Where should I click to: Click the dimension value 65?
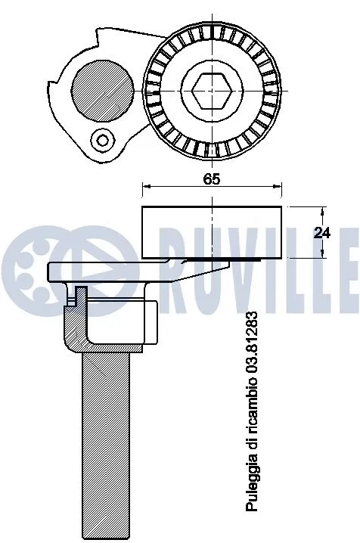pyautogui.click(x=211, y=180)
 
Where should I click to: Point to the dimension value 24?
pyautogui.click(x=322, y=233)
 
